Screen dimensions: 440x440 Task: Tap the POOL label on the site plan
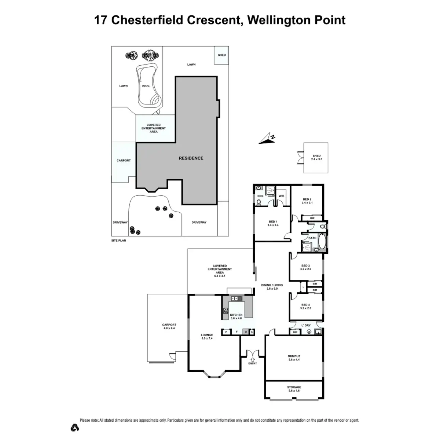(146, 86)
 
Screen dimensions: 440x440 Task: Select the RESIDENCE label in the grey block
(191, 158)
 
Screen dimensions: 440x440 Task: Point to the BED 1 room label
(273, 221)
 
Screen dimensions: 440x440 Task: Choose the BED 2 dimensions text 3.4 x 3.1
(307, 203)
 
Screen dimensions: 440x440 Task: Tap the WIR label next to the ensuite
(282, 196)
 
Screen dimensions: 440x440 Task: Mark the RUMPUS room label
(294, 356)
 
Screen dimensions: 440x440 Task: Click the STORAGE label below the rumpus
(294, 387)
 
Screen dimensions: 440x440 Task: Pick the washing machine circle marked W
(309, 332)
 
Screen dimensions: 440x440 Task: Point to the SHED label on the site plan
(222, 55)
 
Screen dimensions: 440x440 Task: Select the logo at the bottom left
(75, 428)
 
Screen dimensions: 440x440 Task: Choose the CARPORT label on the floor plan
(169, 325)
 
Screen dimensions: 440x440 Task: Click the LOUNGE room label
(207, 335)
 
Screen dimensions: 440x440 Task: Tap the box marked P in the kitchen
(226, 332)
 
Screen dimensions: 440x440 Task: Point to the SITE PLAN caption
(118, 241)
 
